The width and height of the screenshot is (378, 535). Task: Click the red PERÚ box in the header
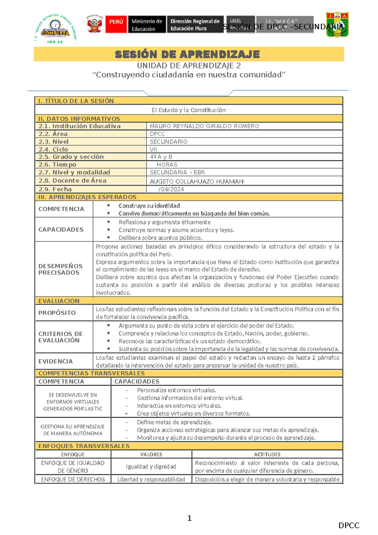[116, 24]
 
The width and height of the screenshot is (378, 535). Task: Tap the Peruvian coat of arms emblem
[94, 24]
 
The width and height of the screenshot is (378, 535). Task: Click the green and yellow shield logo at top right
[337, 25]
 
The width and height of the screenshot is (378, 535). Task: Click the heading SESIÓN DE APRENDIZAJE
[187, 54]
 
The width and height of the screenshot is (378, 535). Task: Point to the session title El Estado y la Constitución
[188, 110]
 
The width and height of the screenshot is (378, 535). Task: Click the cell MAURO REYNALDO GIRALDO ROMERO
[204, 126]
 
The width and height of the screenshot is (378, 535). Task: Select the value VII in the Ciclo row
[153, 150]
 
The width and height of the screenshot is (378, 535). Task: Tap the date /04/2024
[171, 189]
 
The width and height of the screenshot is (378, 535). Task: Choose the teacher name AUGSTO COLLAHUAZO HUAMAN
[197, 181]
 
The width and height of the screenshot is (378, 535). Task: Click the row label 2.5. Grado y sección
[71, 157]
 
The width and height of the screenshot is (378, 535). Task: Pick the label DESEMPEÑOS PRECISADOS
[60, 269]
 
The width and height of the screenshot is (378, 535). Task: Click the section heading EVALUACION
[59, 301]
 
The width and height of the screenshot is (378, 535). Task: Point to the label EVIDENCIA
[55, 361]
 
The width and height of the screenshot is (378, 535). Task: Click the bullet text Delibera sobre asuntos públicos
[160, 238]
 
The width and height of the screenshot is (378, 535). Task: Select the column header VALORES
[151, 455]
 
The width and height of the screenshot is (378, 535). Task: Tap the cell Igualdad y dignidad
[151, 467]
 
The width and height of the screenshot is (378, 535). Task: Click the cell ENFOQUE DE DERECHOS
[73, 479]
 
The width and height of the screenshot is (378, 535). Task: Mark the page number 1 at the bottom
[189, 518]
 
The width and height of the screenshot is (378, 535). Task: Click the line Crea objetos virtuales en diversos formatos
[193, 414]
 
